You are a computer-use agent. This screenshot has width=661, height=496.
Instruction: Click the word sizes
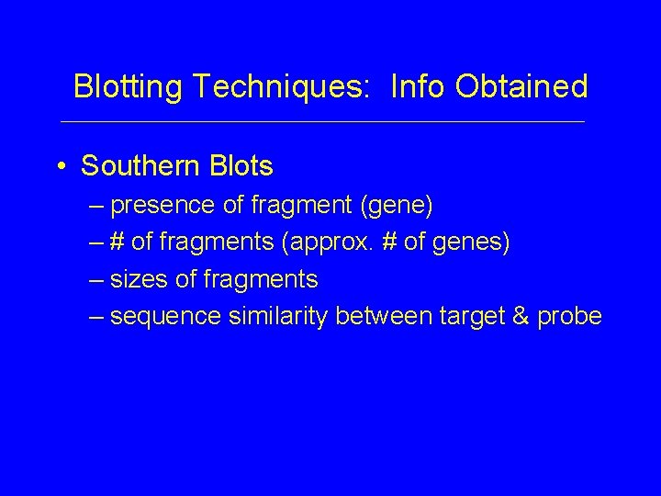(135, 279)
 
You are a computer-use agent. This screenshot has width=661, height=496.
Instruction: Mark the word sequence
(162, 316)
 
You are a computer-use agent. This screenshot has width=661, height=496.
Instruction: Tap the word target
(468, 316)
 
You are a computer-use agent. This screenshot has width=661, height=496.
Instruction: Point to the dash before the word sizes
(97, 280)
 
